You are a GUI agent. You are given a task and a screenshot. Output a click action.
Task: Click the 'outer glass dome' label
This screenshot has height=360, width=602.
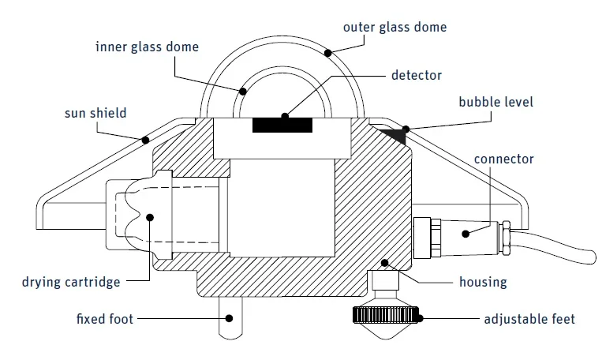tap(394, 27)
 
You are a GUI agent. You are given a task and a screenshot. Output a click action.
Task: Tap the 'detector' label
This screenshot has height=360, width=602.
tap(416, 76)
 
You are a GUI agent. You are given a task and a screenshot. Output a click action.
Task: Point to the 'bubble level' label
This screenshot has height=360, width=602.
tap(496, 102)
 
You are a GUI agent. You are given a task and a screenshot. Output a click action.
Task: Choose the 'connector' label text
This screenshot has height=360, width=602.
tap(503, 159)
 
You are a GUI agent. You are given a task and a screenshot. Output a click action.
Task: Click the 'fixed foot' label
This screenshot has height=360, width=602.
tap(105, 320)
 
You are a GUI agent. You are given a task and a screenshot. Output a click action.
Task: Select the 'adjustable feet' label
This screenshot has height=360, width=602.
tap(529, 320)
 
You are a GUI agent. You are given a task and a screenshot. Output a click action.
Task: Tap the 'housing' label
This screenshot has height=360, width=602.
tap(484, 282)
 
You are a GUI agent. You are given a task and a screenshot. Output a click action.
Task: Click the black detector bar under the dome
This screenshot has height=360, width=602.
tap(282, 125)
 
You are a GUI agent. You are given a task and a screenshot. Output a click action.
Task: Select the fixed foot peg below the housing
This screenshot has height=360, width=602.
tap(230, 320)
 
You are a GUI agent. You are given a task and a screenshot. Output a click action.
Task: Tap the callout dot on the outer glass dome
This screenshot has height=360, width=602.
tap(327, 52)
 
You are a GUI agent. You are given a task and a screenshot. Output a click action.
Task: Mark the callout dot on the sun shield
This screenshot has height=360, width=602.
tap(144, 141)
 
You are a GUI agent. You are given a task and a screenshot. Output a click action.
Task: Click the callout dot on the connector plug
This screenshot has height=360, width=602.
tap(466, 234)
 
